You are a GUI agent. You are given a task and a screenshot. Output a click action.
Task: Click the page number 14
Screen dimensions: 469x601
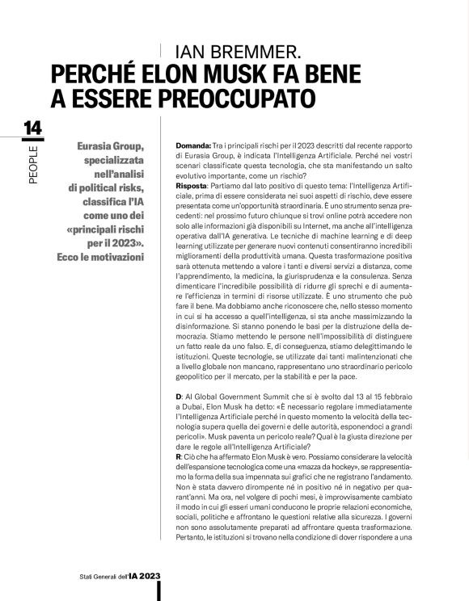click(x=33, y=128)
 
